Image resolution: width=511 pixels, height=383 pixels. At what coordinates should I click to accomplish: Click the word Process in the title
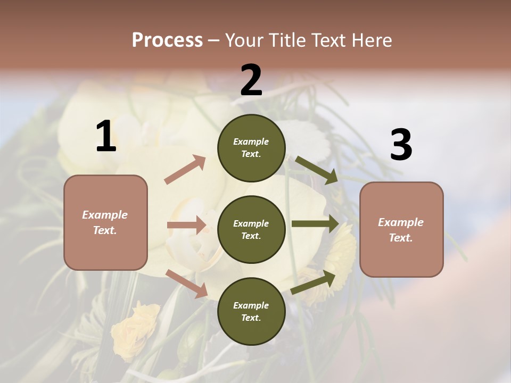pos(167,40)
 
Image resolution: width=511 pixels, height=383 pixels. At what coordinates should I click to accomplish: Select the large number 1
pos(106,137)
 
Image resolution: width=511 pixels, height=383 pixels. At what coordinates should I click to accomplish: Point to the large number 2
pos(251,80)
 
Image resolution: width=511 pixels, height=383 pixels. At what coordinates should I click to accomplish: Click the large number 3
pos(401,145)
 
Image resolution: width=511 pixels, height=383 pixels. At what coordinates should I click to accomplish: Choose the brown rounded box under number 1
pos(105,222)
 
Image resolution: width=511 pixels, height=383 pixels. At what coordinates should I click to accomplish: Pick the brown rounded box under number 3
pos(401,229)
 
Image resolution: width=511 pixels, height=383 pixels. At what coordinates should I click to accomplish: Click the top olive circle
pos(251,148)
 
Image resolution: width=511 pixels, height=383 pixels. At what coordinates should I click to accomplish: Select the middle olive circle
pos(251,229)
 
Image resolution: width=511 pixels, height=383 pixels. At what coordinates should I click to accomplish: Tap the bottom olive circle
pos(251,311)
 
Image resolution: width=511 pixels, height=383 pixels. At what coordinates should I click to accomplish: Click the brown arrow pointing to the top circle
pos(185,170)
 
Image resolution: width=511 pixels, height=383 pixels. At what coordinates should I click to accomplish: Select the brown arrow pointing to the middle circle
pos(186,225)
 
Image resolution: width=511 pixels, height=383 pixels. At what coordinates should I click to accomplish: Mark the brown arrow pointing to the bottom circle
pos(186,284)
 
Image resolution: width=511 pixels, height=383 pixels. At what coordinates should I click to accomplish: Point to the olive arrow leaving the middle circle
pos(315,224)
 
